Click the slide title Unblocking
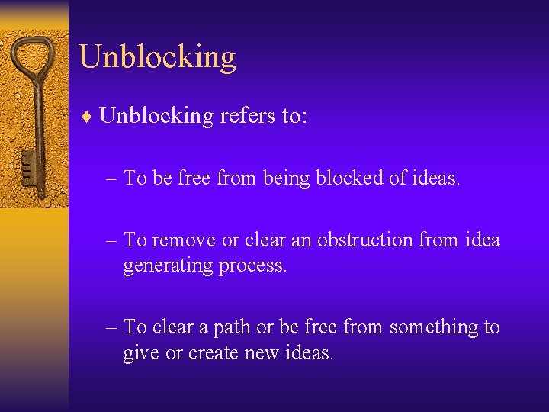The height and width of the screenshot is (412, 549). click(157, 57)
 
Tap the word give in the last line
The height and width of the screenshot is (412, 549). click(139, 354)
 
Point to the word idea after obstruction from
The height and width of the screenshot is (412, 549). click(481, 240)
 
